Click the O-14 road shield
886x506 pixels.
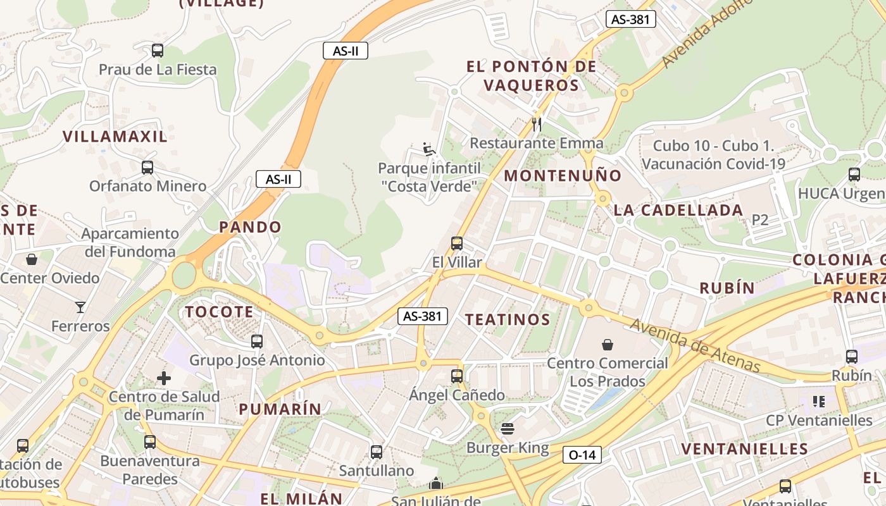pyautogui.click(x=582, y=455)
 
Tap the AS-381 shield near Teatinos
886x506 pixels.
pyautogui.click(x=423, y=316)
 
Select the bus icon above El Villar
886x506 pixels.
pyautogui.click(x=457, y=244)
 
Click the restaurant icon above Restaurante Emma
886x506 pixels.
pyautogui.click(x=537, y=124)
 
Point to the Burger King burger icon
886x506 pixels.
pyautogui.click(x=507, y=429)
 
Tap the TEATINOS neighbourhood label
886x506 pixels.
pyautogui.click(x=508, y=319)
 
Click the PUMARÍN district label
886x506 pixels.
pyautogui.click(x=280, y=409)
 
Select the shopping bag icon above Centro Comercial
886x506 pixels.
pyautogui.click(x=608, y=345)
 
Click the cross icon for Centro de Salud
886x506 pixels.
pyautogui.click(x=164, y=378)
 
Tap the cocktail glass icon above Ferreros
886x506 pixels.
pyautogui.click(x=80, y=307)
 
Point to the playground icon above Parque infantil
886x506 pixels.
pyautogui.click(x=429, y=150)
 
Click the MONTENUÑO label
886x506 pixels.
pyautogui.click(x=563, y=176)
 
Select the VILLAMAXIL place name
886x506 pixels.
pyautogui.click(x=115, y=137)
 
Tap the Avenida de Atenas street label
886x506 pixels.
pyautogui.click(x=695, y=345)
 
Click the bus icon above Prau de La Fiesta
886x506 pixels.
pyautogui.click(x=158, y=51)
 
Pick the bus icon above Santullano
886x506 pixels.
pyautogui.click(x=377, y=452)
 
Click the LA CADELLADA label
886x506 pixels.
pyautogui.click(x=678, y=211)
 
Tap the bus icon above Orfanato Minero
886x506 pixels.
pyautogui.click(x=147, y=168)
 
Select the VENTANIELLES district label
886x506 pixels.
pyautogui.click(x=744, y=449)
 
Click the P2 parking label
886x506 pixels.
pyautogui.click(x=759, y=220)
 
